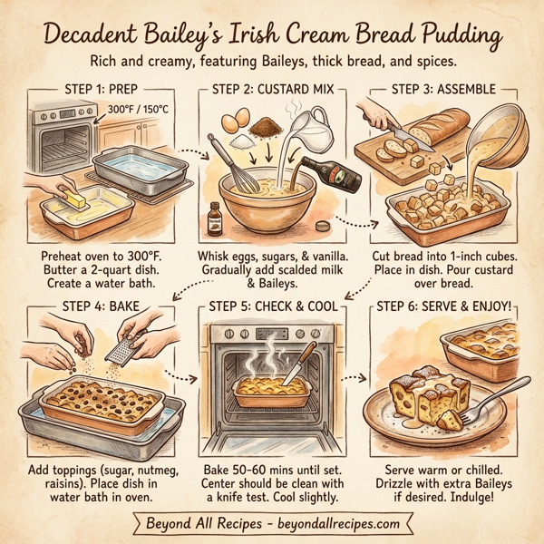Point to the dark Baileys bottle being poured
[x=329, y=172]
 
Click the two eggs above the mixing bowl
[x=233, y=117]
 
